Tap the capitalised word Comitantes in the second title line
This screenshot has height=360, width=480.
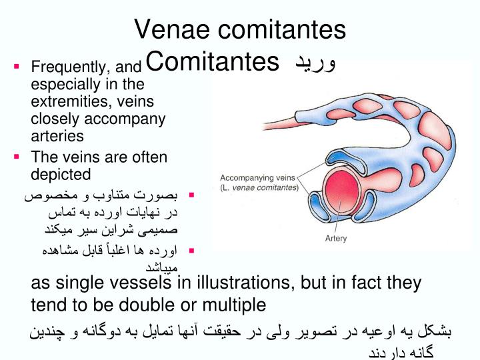211,63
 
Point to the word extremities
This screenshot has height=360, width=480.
68,101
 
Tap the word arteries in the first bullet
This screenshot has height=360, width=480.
57,136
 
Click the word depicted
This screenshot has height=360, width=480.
61,175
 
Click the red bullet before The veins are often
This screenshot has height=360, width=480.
17,157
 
